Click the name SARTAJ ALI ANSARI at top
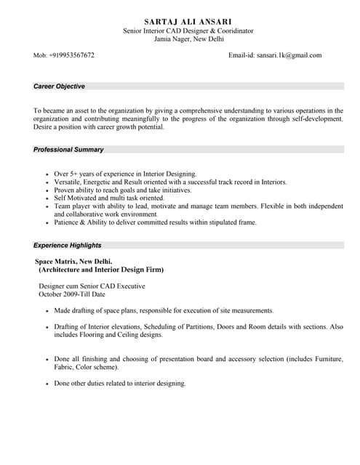pyautogui.click(x=188, y=23)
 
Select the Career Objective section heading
pyautogui.click(x=59, y=86)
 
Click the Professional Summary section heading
pyautogui.click(x=68, y=150)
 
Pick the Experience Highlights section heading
pyautogui.click(x=68, y=246)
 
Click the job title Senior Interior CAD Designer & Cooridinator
pyautogui.click(x=188, y=31)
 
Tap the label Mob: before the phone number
pyautogui.click(x=41, y=55)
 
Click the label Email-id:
pyautogui.click(x=241, y=55)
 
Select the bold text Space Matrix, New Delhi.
pyautogui.click(x=73, y=260)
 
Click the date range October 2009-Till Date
pyautogui.click(x=72, y=294)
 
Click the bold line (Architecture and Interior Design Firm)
pyautogui.click(x=101, y=269)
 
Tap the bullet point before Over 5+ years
pyautogui.click(x=47, y=175)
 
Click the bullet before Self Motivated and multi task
pyautogui.click(x=47, y=198)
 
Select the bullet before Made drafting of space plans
pyautogui.click(x=47, y=311)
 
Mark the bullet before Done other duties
pyautogui.click(x=47, y=384)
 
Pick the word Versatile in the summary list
pyautogui.click(x=68, y=182)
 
